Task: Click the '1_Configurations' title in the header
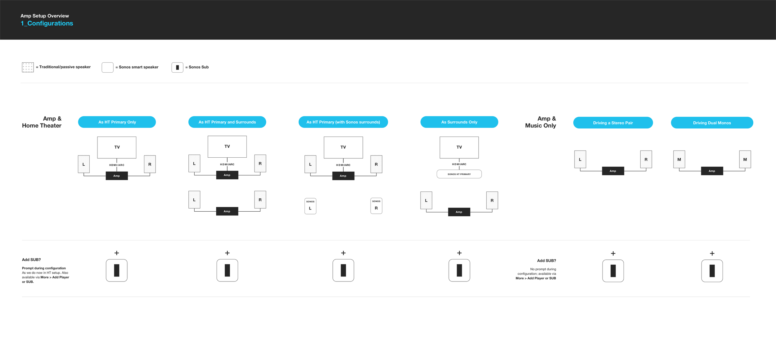(47, 23)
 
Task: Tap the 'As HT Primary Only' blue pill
(117, 122)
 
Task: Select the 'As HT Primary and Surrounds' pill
(227, 122)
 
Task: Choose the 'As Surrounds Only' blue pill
(459, 122)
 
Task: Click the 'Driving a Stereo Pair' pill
(613, 123)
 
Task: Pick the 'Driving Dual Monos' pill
(712, 123)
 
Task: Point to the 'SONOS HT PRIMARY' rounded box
(459, 174)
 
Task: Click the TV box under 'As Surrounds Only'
(459, 147)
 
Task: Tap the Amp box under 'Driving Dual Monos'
(712, 171)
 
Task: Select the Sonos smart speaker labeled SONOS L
(310, 206)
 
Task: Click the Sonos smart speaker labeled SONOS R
(376, 206)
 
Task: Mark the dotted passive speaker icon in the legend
(28, 67)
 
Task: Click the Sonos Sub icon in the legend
(177, 67)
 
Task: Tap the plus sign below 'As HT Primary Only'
(117, 253)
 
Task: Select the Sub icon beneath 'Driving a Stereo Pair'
(613, 271)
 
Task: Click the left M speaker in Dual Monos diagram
(679, 159)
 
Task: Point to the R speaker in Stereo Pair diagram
(646, 159)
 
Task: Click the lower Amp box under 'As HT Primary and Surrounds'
(227, 211)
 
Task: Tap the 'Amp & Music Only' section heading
(540, 122)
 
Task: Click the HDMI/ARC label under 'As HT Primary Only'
(117, 165)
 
